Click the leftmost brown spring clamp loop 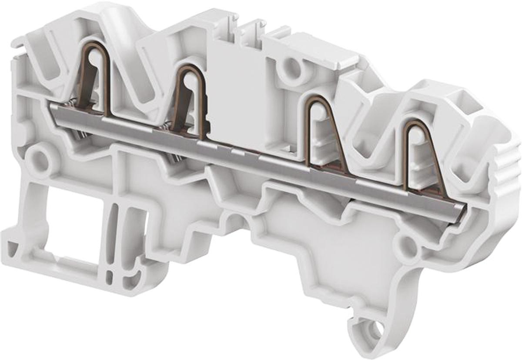pyautogui.click(x=95, y=78)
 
